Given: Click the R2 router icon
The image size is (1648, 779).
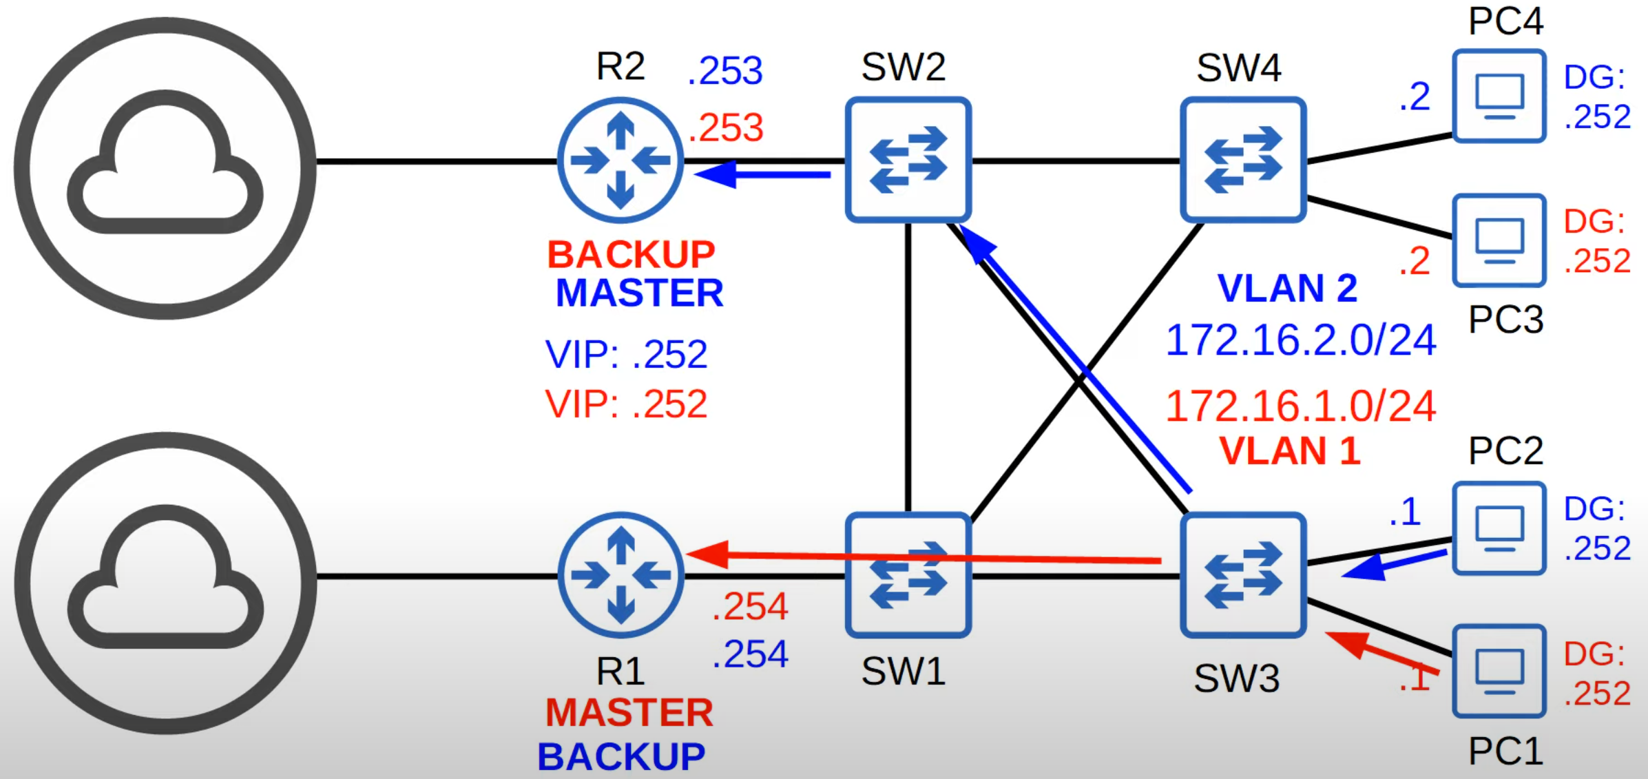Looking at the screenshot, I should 620,160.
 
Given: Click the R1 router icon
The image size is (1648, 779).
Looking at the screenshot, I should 620,575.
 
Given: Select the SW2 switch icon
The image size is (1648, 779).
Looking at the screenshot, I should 908,160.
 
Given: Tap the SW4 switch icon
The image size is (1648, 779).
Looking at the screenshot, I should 1242,160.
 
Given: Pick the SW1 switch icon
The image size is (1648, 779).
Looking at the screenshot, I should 908,575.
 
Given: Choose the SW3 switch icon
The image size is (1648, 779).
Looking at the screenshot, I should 1242,575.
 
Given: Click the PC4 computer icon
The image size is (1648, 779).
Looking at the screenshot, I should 1499,96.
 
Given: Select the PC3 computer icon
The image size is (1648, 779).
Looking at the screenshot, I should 1499,240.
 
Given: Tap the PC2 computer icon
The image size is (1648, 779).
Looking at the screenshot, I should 1499,528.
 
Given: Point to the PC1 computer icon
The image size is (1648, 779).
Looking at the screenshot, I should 1499,672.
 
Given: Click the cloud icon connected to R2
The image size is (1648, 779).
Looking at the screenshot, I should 165,167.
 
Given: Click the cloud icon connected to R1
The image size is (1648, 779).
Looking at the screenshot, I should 165,583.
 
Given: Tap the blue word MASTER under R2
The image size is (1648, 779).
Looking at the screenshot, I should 639,293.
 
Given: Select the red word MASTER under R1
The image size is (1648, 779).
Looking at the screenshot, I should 629,713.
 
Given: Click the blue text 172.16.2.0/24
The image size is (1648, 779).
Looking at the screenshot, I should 1300,340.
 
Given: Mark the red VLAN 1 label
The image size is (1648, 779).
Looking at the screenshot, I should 1289,452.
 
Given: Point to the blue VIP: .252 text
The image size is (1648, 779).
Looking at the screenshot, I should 626,355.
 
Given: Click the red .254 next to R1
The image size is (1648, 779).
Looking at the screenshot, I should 749,607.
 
